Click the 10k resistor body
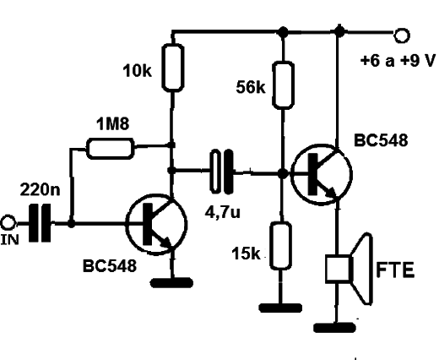click(x=173, y=68)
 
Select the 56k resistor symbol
click(x=284, y=85)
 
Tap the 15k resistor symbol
click(x=280, y=246)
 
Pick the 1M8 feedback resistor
click(x=110, y=149)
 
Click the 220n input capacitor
click(x=40, y=223)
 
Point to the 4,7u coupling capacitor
click(x=222, y=172)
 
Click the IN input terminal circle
click(x=8, y=223)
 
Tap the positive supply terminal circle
click(x=402, y=35)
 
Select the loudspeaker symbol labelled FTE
click(x=350, y=269)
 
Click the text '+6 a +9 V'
click(x=398, y=61)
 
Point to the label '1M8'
click(x=113, y=123)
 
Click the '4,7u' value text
click(x=223, y=212)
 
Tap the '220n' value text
click(x=41, y=189)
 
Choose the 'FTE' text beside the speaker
click(x=395, y=270)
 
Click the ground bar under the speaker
click(x=334, y=328)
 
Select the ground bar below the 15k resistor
click(x=280, y=308)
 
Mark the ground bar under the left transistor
click(x=172, y=282)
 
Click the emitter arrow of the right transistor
click(x=331, y=193)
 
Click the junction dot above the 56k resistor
click(x=283, y=32)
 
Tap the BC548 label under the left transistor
click(x=110, y=265)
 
